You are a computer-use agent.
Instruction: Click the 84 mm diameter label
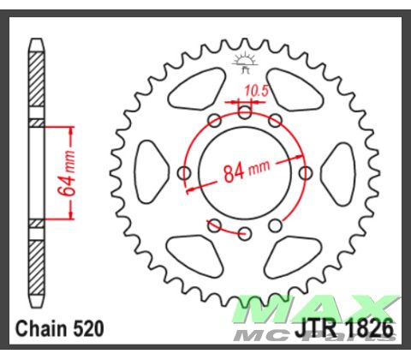tap(247, 171)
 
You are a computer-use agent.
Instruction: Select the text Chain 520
tap(57, 328)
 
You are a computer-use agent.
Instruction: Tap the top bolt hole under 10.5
tap(245, 112)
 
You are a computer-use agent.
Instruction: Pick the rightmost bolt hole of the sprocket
tap(306, 174)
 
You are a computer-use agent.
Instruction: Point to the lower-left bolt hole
tap(215, 225)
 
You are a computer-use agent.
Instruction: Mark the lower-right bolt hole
tap(275, 225)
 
